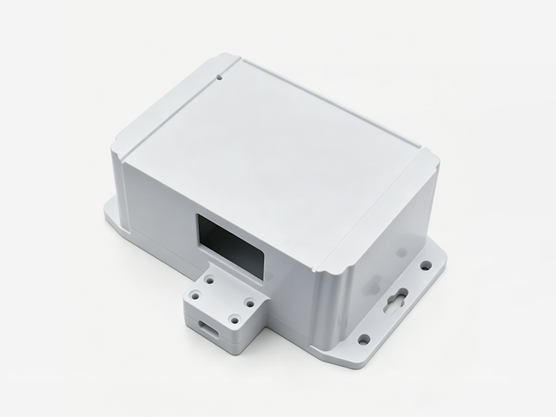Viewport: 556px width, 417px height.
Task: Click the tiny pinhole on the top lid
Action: (221, 77)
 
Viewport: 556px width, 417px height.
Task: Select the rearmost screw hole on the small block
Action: (209, 281)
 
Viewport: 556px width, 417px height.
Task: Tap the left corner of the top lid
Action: (119, 158)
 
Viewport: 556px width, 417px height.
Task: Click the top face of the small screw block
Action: (222, 300)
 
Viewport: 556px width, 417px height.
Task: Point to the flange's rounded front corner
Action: (347, 356)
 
